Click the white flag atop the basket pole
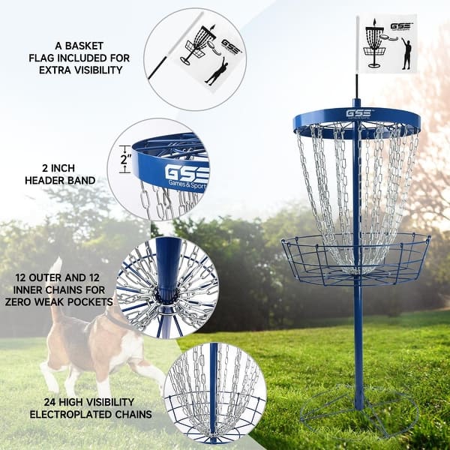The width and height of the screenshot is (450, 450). pyautogui.click(x=385, y=44)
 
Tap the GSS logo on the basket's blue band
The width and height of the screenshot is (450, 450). pyautogui.click(x=358, y=114)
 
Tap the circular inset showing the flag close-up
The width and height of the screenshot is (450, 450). pyautogui.click(x=194, y=58)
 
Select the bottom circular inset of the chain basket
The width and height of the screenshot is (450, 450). pyautogui.click(x=214, y=393)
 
